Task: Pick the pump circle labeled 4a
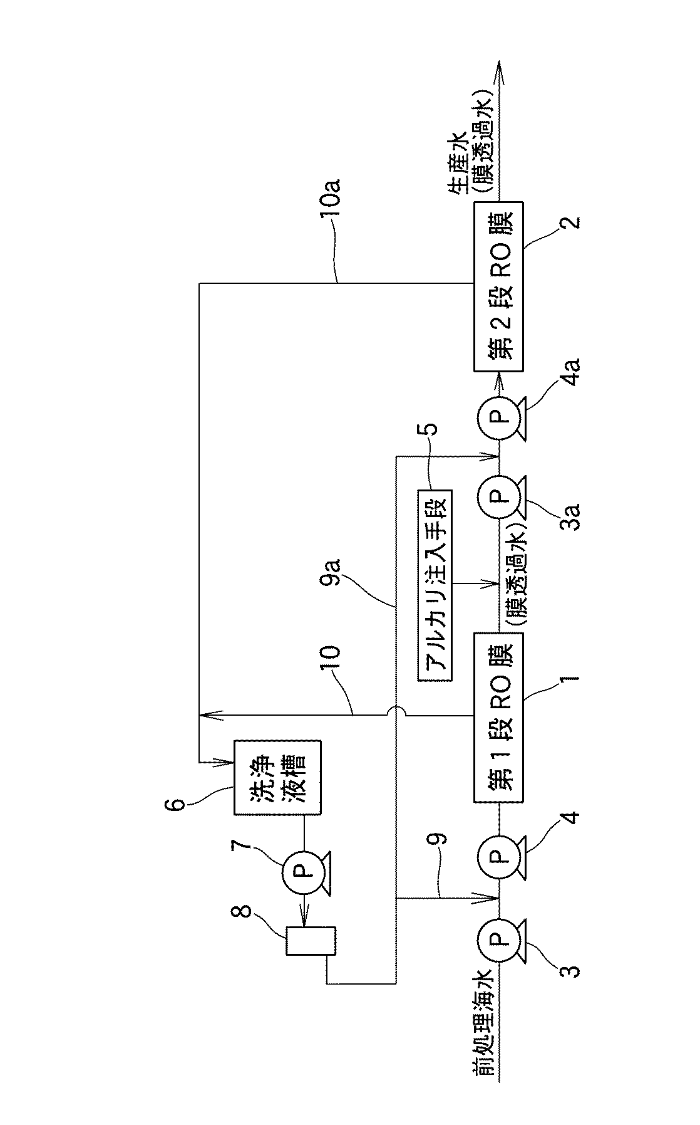pyautogui.click(x=498, y=414)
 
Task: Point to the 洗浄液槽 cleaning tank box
pyautogui.click(x=277, y=777)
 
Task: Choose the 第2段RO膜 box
pyautogui.click(x=498, y=286)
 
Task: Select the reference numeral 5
pyautogui.click(x=431, y=431)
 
